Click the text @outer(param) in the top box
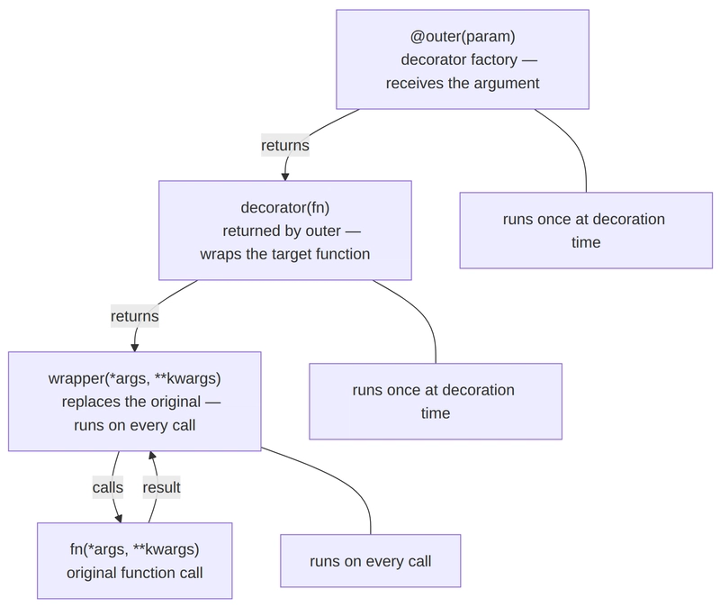462,37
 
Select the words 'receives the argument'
462,83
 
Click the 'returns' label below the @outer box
285,145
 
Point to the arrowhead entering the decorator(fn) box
285,175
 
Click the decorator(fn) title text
284,207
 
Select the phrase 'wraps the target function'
284,254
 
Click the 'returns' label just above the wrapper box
135,316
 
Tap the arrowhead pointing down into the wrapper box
135,346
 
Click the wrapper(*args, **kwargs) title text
134,378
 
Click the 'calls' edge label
108,487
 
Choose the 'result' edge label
162,487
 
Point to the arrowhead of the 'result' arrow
153,457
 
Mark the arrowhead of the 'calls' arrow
118,517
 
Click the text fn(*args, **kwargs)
134,549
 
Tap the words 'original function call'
134,573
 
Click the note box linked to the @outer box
586,231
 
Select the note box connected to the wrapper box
370,562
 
